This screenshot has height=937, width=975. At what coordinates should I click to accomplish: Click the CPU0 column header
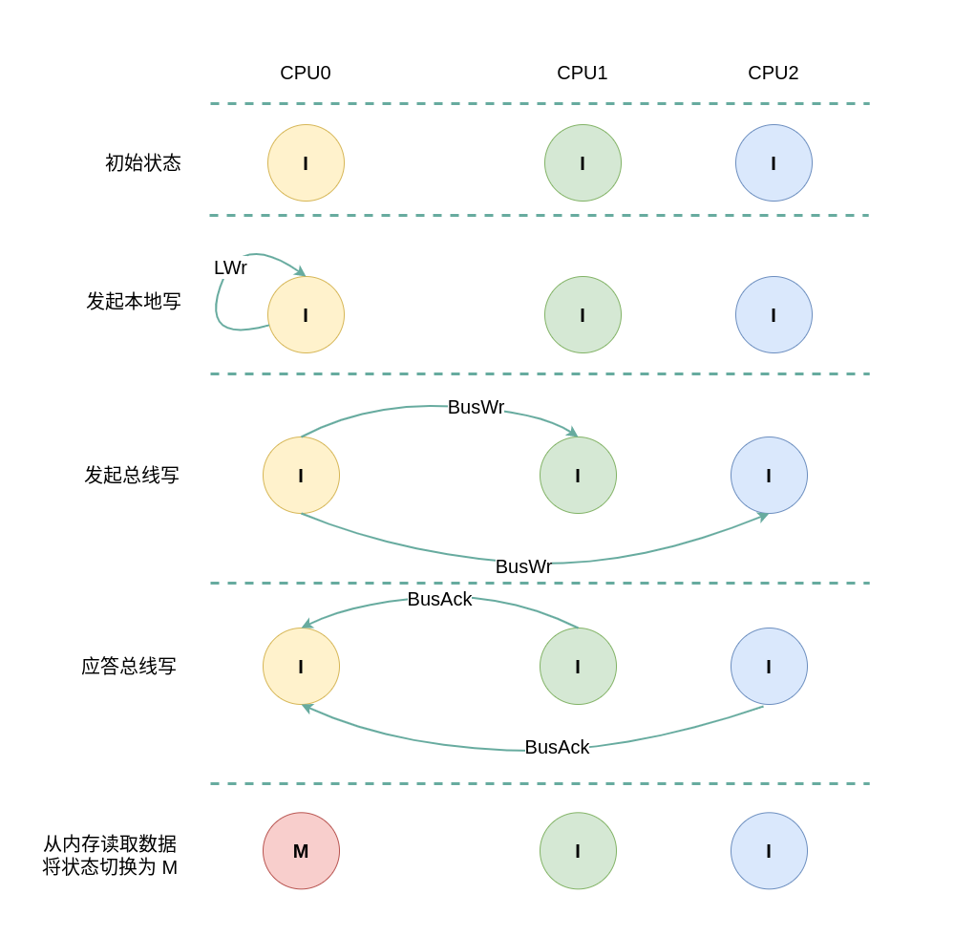[x=306, y=74]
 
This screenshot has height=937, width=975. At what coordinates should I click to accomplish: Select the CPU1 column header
[x=583, y=74]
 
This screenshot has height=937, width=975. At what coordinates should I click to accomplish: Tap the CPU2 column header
[x=774, y=74]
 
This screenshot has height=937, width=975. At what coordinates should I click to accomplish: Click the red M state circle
[x=301, y=851]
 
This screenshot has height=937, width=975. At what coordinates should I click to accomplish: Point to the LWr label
[x=230, y=268]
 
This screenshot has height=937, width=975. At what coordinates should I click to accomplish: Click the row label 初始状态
[x=143, y=163]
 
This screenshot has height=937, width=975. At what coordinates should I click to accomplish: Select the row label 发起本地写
[x=134, y=302]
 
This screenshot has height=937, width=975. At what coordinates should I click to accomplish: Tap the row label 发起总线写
[x=132, y=476]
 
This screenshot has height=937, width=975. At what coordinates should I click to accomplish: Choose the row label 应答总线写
[x=129, y=667]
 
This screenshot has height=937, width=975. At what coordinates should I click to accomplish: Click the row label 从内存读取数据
[x=110, y=844]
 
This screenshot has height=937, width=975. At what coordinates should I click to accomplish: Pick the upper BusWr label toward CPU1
[x=476, y=408]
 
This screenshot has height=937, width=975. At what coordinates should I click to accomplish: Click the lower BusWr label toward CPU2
[x=523, y=567]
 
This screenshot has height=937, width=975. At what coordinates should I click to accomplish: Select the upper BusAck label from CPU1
[x=439, y=600]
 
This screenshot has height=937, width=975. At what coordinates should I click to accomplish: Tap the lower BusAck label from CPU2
[x=557, y=748]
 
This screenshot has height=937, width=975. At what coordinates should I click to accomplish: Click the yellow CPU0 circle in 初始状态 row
[x=306, y=163]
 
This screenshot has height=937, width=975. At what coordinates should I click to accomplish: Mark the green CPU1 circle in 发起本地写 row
[x=583, y=315]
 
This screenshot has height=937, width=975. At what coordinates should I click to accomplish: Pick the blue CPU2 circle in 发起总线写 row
[x=769, y=476]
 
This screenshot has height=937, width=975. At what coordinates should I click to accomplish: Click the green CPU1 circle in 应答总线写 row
[x=578, y=667]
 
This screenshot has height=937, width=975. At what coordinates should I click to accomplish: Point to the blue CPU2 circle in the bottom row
[x=769, y=851]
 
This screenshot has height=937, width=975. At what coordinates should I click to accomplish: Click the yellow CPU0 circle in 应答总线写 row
[x=301, y=667]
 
